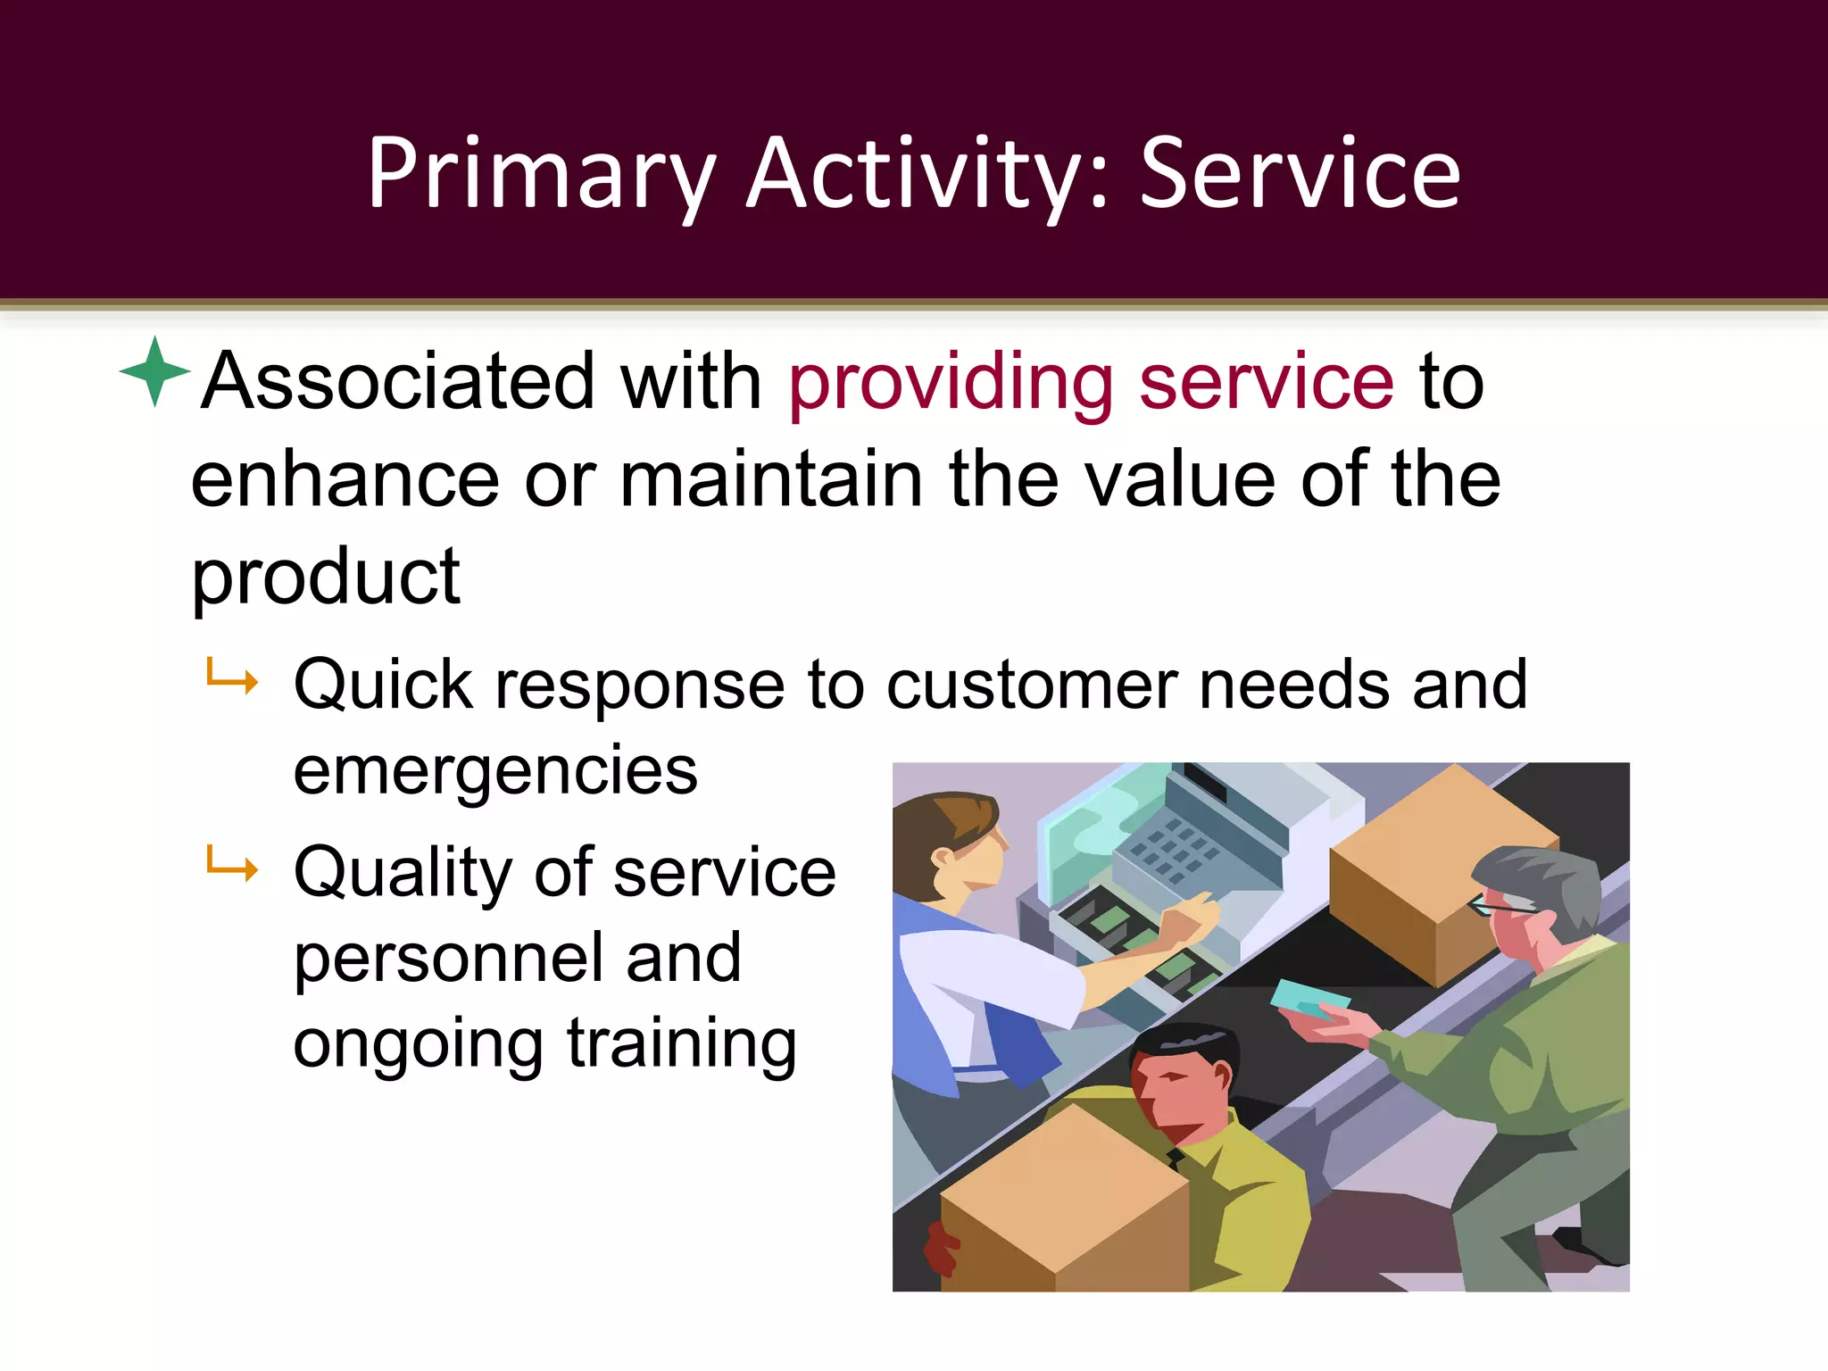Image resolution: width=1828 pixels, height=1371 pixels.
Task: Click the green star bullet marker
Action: [x=154, y=371]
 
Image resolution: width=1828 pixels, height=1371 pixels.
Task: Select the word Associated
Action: [x=398, y=382]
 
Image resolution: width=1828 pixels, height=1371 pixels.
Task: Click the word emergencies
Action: [x=495, y=771]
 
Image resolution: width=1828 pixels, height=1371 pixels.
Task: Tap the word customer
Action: [x=1032, y=685]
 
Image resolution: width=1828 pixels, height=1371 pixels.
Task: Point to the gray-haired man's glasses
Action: [x=1500, y=905]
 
